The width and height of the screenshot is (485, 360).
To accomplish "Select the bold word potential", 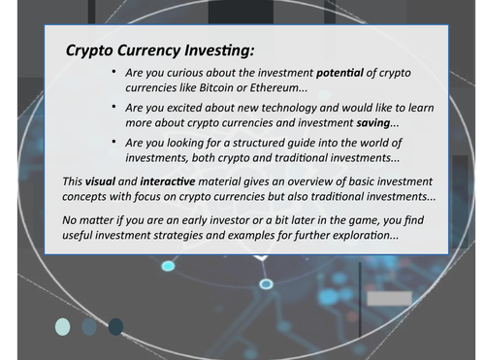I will coord(346,74).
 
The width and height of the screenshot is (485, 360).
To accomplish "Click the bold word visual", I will coord(99,182).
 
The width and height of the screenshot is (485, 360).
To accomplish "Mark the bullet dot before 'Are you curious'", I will coord(114,73).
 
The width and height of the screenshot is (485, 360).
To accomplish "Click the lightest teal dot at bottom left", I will coord(63,326).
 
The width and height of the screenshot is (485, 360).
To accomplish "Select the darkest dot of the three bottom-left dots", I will coord(115,326).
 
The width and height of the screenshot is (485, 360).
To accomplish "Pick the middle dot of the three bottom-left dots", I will coord(89,326).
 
